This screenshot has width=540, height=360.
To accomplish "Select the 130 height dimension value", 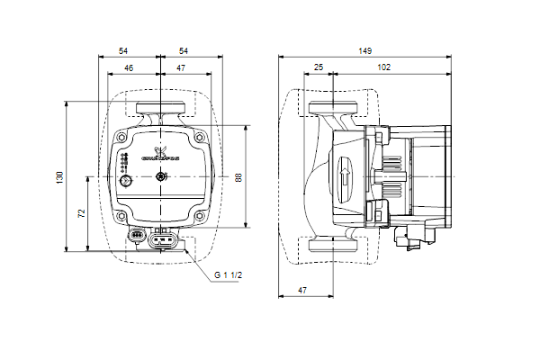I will tap(60, 178).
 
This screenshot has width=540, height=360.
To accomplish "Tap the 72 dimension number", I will tap(80, 214).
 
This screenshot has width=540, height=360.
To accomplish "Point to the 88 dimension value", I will tap(238, 177).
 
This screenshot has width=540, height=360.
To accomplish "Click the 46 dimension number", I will tap(128, 67).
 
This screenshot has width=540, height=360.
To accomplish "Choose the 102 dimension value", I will tap(383, 67).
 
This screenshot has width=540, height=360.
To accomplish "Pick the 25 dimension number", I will tap(319, 67).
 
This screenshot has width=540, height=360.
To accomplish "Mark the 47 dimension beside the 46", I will tap(182, 67).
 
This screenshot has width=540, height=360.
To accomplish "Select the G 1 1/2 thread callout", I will tap(229, 275).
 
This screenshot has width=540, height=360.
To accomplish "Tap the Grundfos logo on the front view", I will tap(163, 154).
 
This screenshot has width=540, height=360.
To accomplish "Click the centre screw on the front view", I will tap(160, 176).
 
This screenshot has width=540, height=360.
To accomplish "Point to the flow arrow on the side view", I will tap(344, 177).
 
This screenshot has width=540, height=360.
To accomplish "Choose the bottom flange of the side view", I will tap(334, 244).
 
